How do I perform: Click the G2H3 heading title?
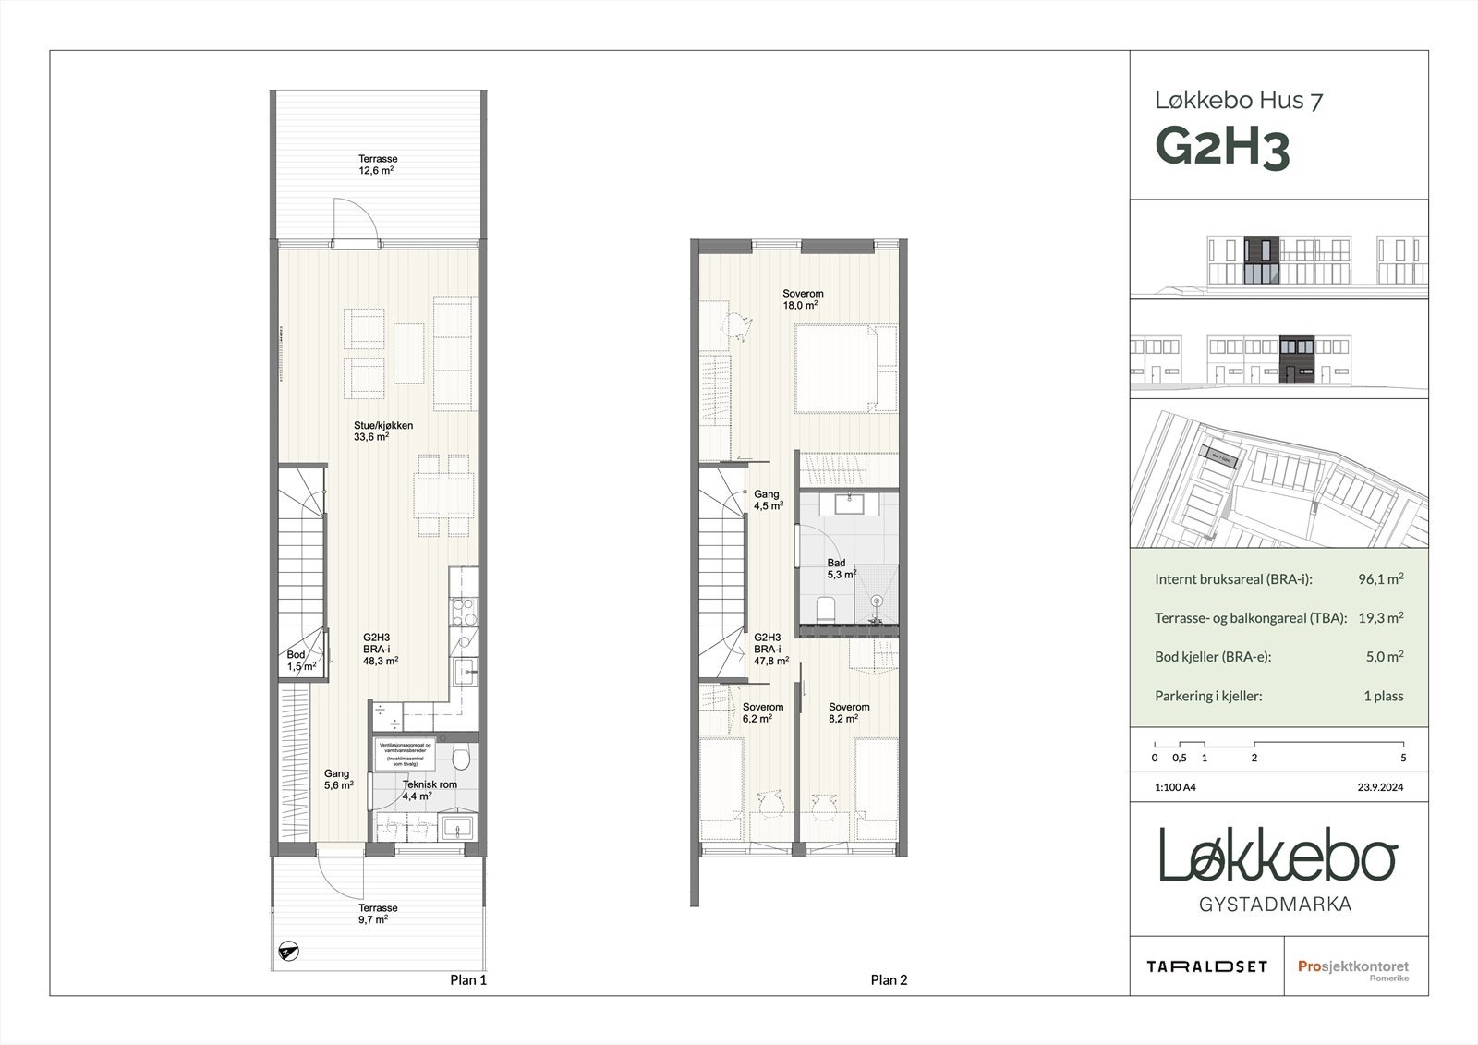(x=1221, y=149)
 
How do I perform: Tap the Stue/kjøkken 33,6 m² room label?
(x=382, y=431)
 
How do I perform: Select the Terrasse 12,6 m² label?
(x=378, y=164)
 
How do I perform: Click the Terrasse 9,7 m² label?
(x=378, y=913)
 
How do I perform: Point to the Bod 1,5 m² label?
(x=301, y=660)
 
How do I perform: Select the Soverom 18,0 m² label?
(x=802, y=299)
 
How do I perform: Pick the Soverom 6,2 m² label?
(x=762, y=711)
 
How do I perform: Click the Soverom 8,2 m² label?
(x=848, y=711)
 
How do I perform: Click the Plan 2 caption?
(x=889, y=980)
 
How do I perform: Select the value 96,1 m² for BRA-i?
(x=1380, y=579)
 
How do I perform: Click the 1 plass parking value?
(x=1383, y=696)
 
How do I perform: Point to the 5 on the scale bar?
(x=1402, y=758)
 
